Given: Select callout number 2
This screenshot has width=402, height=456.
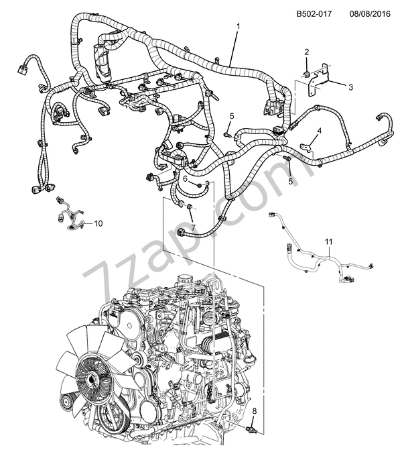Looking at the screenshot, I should click(x=306, y=52).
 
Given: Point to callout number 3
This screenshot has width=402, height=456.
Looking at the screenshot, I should click(x=350, y=87).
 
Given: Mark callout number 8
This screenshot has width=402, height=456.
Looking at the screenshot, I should click(x=253, y=410).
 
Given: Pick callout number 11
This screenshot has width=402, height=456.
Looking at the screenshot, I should click(x=328, y=241).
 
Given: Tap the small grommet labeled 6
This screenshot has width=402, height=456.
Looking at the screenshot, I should click(x=200, y=182).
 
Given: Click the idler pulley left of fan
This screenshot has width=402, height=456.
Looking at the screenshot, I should click(x=66, y=404).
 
